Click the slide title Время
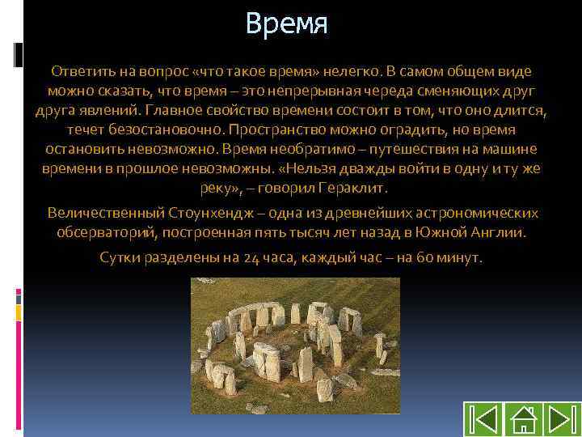(287, 24)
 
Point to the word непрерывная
(361, 91)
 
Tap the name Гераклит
(356, 188)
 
